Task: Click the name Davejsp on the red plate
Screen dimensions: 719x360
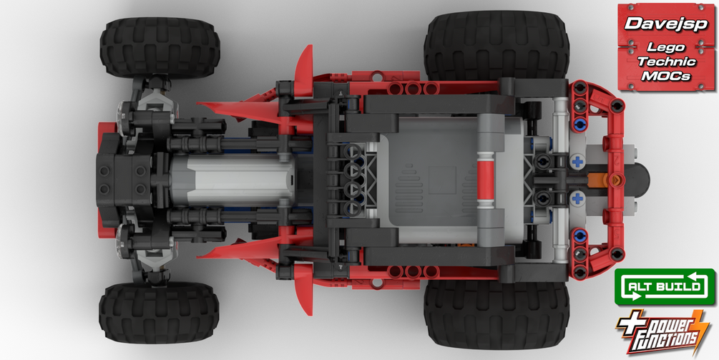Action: tap(666, 24)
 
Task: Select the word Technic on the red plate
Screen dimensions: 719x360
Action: tap(667, 62)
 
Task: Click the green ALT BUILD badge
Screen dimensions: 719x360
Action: tap(665, 287)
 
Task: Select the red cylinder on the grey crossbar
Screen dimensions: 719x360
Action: tap(486, 180)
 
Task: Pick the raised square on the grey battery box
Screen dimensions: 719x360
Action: tap(442, 180)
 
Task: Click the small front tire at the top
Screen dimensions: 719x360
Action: tap(160, 47)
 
